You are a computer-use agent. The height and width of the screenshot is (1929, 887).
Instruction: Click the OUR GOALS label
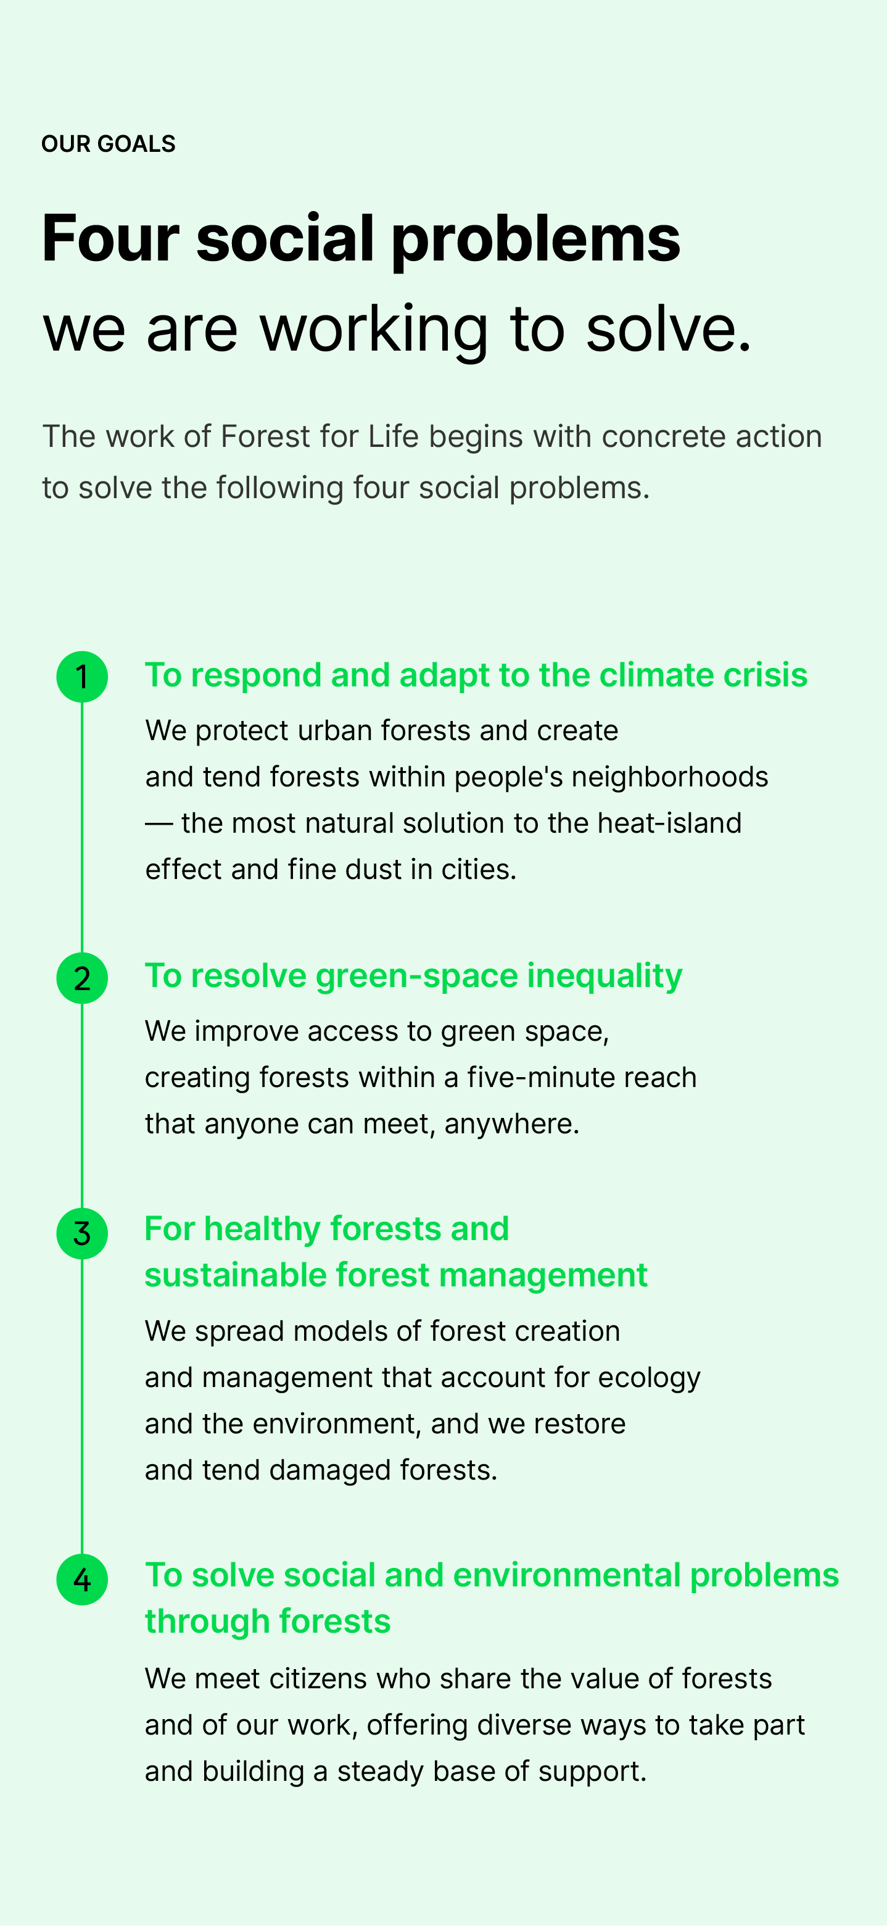click(x=109, y=144)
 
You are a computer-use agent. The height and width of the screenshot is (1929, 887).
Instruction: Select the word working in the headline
click(x=374, y=329)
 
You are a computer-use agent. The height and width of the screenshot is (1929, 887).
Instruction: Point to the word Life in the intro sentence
click(x=393, y=436)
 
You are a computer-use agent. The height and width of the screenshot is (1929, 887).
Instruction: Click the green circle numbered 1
click(x=82, y=677)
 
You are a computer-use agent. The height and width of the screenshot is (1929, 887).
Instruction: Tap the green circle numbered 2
click(x=82, y=978)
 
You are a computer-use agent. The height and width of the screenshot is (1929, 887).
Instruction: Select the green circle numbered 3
click(x=82, y=1233)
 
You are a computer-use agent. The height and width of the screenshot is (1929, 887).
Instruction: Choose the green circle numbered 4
click(x=82, y=1579)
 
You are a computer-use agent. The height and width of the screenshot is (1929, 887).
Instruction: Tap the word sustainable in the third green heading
click(x=235, y=1275)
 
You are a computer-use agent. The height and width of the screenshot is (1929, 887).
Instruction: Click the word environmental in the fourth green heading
click(x=567, y=1575)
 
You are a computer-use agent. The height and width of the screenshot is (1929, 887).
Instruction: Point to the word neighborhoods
click(x=670, y=777)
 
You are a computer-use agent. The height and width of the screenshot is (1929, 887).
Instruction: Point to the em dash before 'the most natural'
click(x=159, y=823)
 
